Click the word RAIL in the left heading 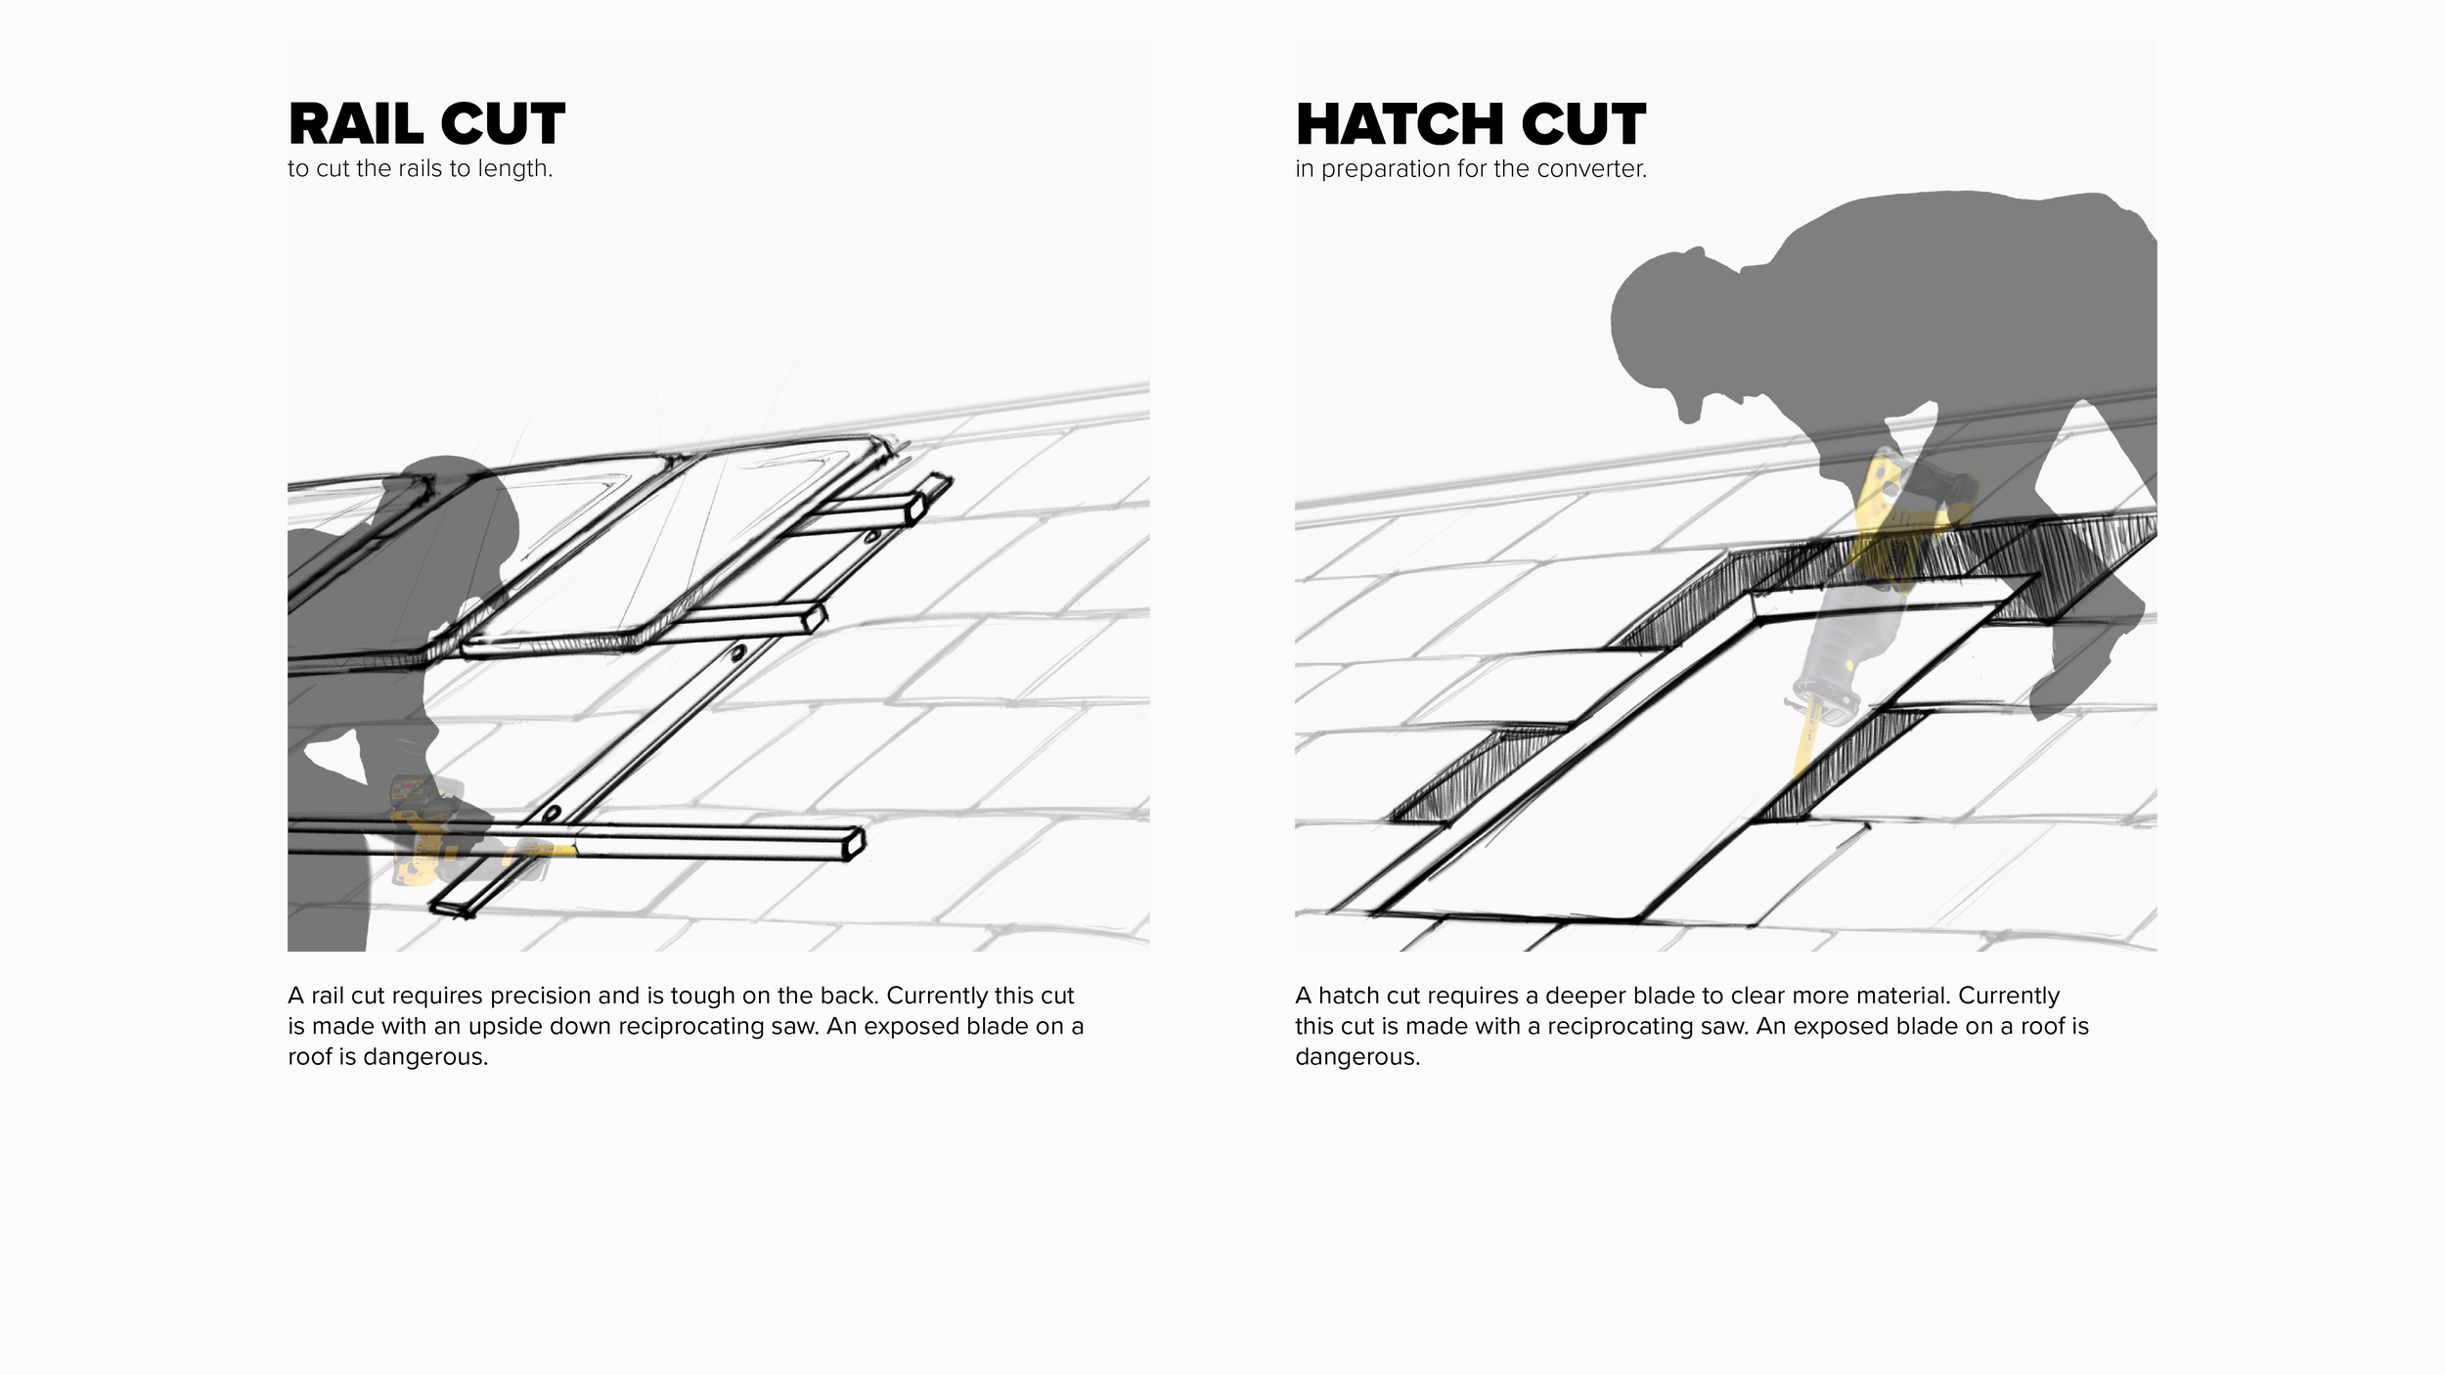[x=356, y=124]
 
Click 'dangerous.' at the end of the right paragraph [x=1357, y=1057]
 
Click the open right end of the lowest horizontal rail [x=855, y=843]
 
